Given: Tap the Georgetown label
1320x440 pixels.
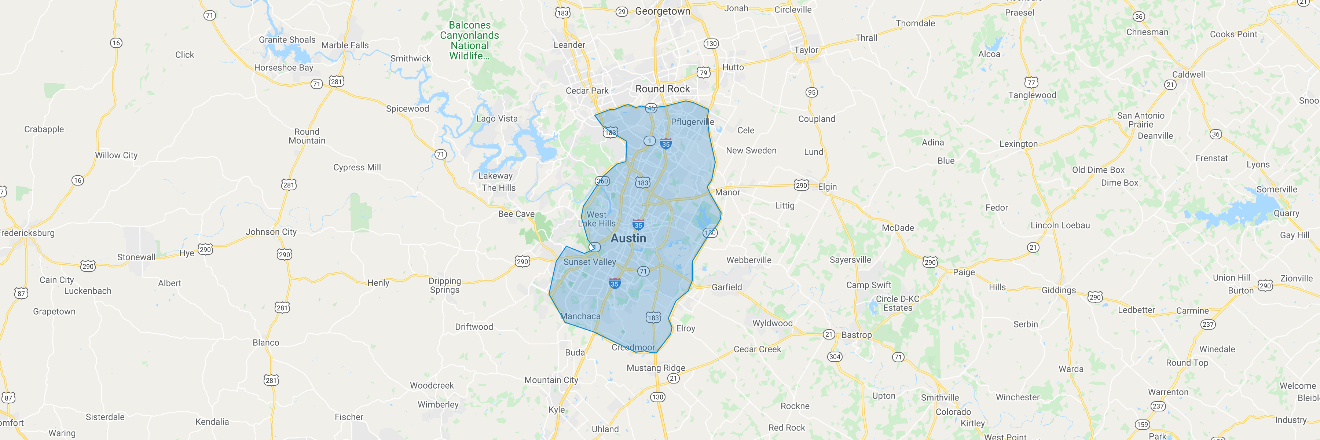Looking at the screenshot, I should coord(662,11).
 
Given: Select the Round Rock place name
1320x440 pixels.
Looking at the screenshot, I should coord(662,89).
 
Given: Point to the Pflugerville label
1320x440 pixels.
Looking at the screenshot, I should coord(692,122).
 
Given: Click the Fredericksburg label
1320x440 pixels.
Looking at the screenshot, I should coord(27,233).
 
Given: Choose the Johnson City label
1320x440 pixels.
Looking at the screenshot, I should coord(271,232).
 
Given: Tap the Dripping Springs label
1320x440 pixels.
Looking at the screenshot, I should coord(444,285).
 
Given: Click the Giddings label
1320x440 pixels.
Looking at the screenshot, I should coord(1058,290).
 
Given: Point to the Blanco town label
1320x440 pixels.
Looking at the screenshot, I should coord(265,343).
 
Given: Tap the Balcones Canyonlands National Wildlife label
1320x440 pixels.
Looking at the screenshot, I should coord(469,40).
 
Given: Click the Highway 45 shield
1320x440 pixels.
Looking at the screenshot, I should coord(651,108).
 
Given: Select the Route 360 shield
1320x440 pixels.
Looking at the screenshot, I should coord(602,181).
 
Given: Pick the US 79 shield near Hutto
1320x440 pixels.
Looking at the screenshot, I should coord(704,72).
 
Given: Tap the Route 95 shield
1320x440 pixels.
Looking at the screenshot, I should coord(811,92).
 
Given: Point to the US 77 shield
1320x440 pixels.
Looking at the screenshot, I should coord(1031,82).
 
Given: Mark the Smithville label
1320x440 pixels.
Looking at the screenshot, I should coord(939,398).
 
